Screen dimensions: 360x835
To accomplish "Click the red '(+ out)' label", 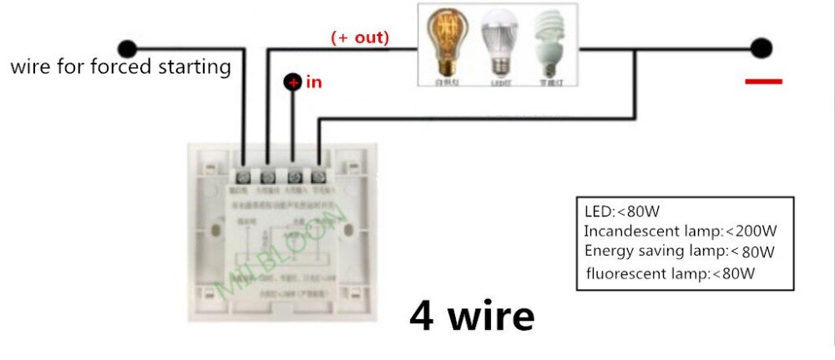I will [x=360, y=38].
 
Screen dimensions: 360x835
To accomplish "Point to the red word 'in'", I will [x=314, y=82].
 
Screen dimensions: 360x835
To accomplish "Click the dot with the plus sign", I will [x=293, y=82].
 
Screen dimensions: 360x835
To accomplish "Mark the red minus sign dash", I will [x=762, y=81].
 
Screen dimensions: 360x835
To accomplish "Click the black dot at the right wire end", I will [x=761, y=48].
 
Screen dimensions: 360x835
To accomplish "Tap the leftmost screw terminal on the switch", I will [x=243, y=177].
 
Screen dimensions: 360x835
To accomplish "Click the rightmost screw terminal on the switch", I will [x=318, y=177].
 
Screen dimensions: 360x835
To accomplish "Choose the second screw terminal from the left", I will [x=268, y=177].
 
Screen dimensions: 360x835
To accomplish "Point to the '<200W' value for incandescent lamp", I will [x=751, y=231].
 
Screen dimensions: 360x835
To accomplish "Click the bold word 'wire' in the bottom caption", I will [x=492, y=317].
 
